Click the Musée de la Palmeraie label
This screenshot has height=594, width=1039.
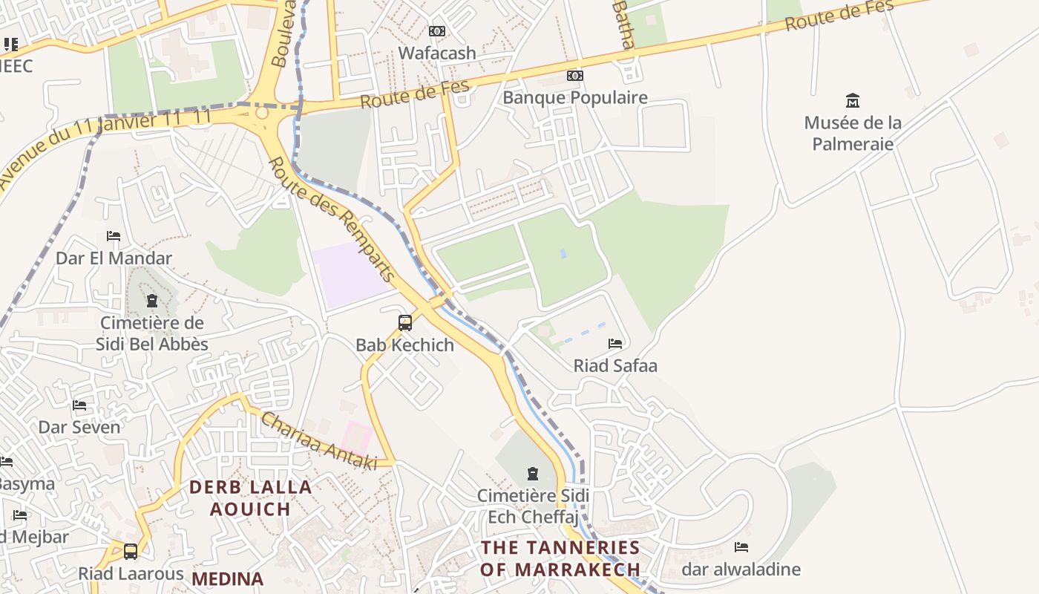853,133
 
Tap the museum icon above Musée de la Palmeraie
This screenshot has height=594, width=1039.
853,100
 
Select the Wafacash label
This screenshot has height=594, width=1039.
437,53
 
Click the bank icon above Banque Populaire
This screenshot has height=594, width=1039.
575,76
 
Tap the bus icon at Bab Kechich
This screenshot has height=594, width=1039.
405,323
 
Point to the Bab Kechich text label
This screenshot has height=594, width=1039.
405,345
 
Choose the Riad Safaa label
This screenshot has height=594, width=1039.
615,365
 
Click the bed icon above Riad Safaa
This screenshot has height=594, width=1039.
615,344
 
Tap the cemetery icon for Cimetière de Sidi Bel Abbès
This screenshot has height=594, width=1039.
152,301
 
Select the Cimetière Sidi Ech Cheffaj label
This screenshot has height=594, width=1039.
533,506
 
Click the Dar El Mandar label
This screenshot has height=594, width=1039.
114,258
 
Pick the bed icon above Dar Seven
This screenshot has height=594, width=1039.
79,405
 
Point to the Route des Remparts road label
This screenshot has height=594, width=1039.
332,220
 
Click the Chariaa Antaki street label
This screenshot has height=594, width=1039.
318,442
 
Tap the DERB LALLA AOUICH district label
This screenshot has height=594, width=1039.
250,498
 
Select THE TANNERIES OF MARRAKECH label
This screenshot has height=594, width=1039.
560,558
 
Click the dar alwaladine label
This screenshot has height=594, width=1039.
741,569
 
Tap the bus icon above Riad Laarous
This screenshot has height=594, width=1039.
131,552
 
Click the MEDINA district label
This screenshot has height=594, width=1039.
228,578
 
